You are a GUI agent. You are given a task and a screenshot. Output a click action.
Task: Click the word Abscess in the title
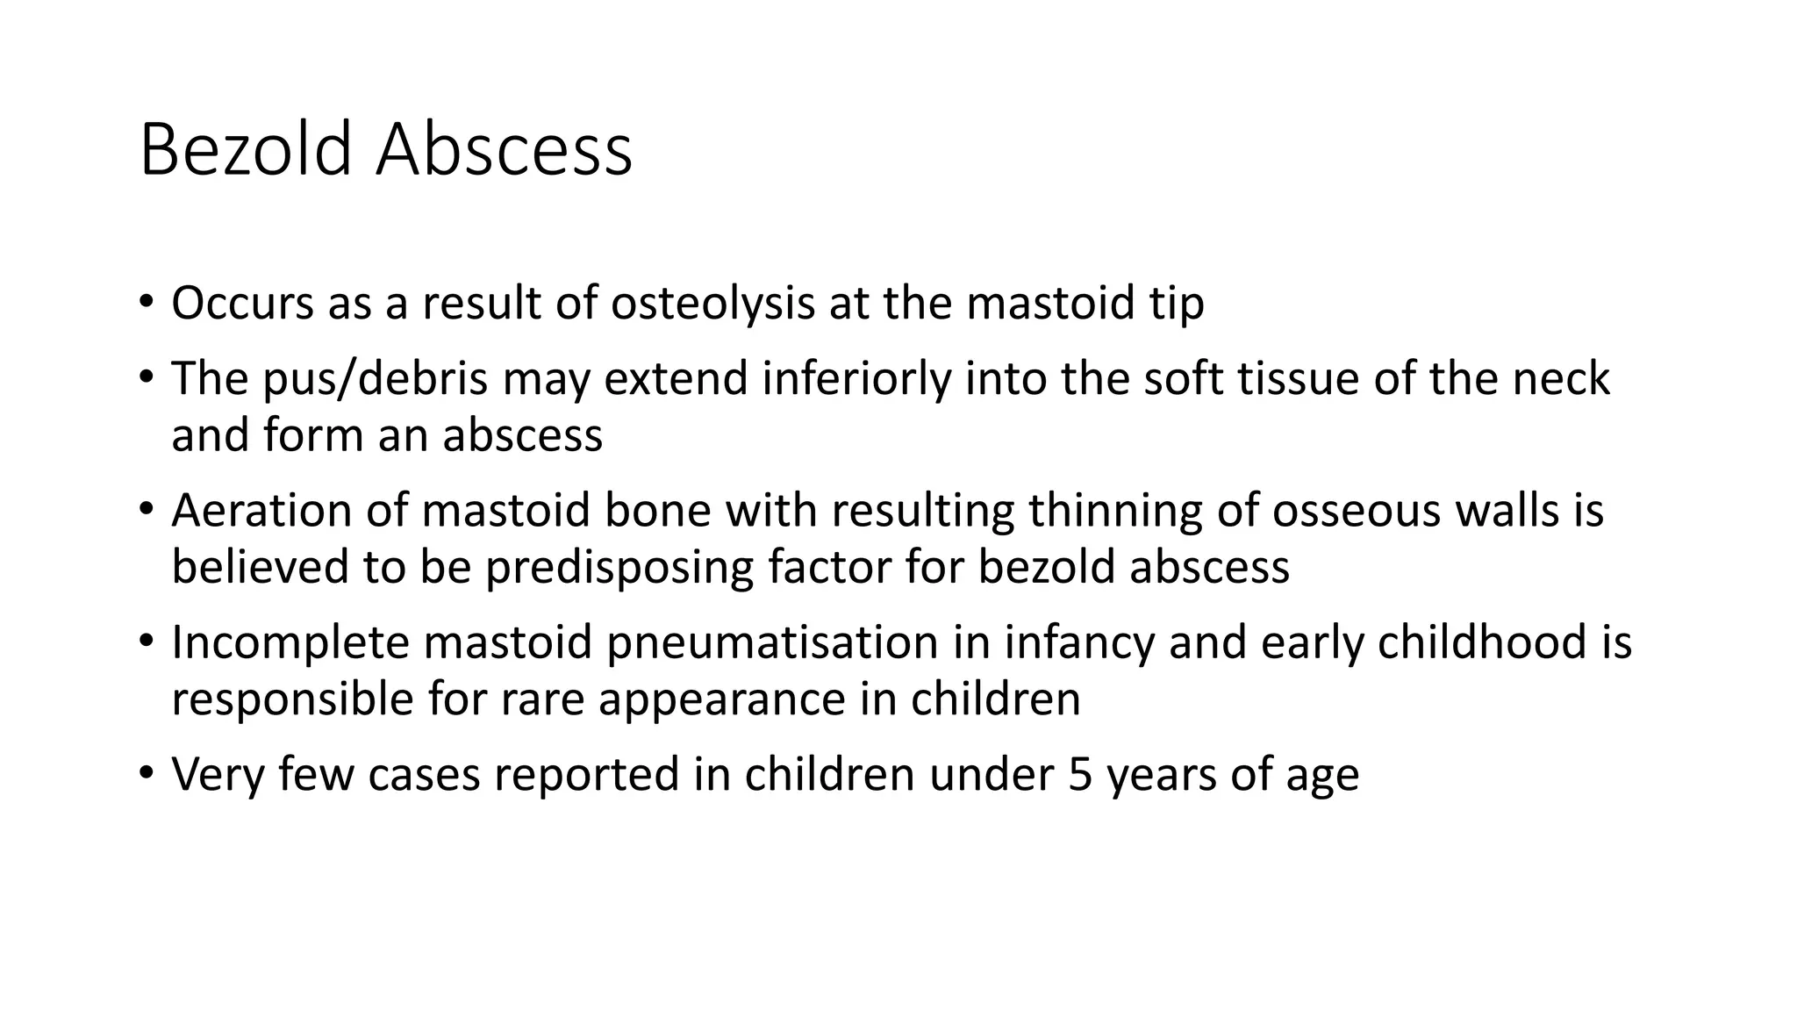pyautogui.click(x=504, y=150)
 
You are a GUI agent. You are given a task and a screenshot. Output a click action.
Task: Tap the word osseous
pyautogui.click(x=1356, y=511)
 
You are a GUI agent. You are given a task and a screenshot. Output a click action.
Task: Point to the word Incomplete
pyautogui.click(x=290, y=642)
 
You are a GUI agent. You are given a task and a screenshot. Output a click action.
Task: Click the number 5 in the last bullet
pyautogui.click(x=1079, y=775)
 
